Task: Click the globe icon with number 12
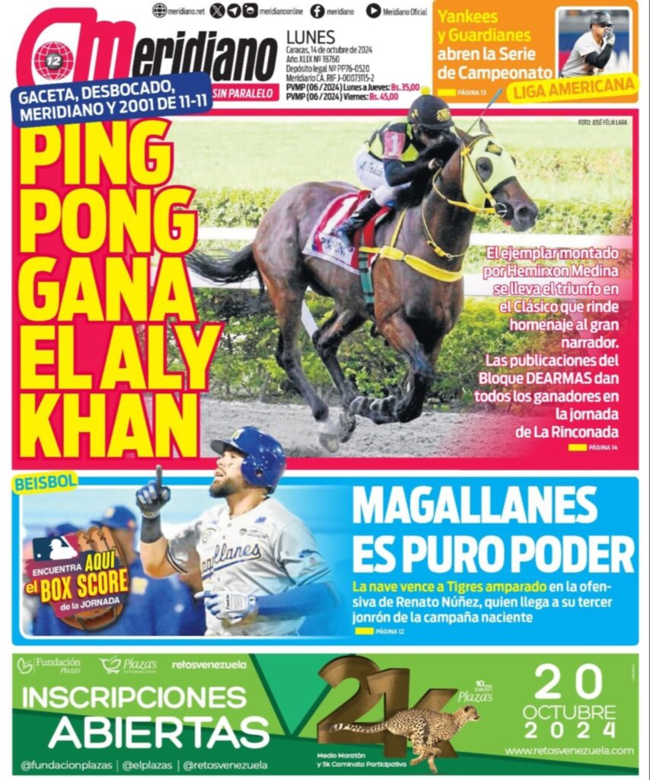click(54, 60)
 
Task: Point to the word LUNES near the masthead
click(310, 36)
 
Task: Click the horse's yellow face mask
click(487, 171)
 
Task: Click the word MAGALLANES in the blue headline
click(475, 505)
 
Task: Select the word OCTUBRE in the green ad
click(569, 711)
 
